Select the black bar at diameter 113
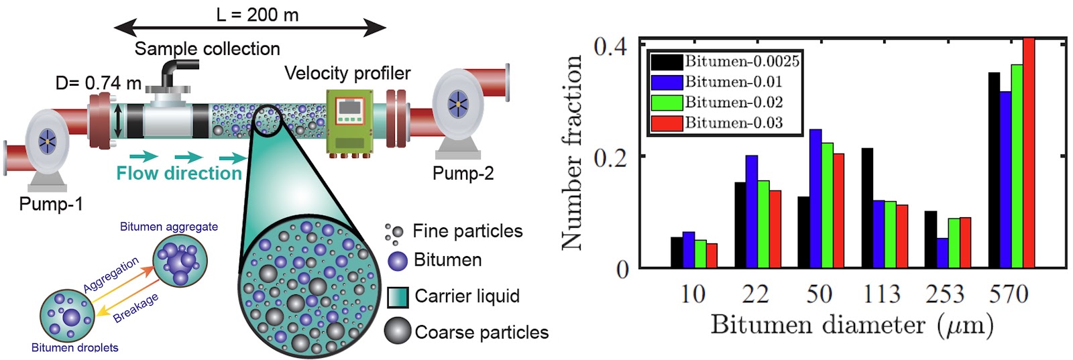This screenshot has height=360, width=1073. pyautogui.click(x=868, y=208)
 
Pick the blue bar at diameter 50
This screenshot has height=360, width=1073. pyautogui.click(x=815, y=198)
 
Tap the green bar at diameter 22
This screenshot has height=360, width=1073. pyautogui.click(x=764, y=224)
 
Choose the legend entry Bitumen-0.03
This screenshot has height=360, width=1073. pyautogui.click(x=717, y=123)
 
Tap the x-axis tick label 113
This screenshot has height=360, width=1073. pyautogui.click(x=881, y=294)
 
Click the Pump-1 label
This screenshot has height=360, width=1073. pyautogui.click(x=51, y=204)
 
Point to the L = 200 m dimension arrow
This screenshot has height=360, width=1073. pyautogui.click(x=250, y=27)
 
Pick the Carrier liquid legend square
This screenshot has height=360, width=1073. pyautogui.click(x=398, y=297)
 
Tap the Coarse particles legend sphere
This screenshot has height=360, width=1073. pyautogui.click(x=398, y=331)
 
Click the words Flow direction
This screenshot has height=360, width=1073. pyautogui.click(x=179, y=173)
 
